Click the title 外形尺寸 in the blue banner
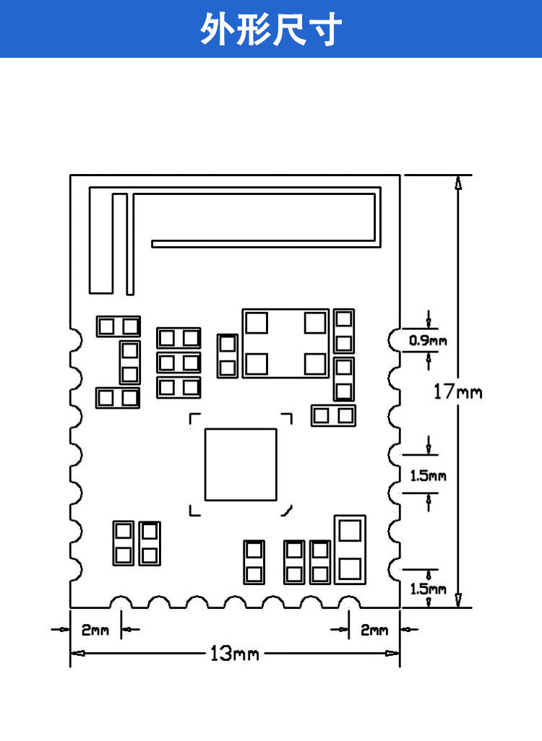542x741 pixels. (x=271, y=30)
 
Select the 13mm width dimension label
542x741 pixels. (x=234, y=654)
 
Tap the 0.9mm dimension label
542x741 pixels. (x=428, y=340)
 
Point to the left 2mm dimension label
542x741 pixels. (x=95, y=630)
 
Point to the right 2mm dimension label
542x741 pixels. (x=374, y=630)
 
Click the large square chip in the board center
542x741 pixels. (x=241, y=464)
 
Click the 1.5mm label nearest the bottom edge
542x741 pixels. (x=428, y=589)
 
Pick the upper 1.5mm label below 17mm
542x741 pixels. (x=428, y=476)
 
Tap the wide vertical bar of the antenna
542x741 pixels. (x=101, y=243)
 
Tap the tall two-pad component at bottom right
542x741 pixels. (x=349, y=549)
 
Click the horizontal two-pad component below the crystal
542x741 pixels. (x=334, y=415)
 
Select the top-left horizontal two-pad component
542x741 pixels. (x=119, y=326)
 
